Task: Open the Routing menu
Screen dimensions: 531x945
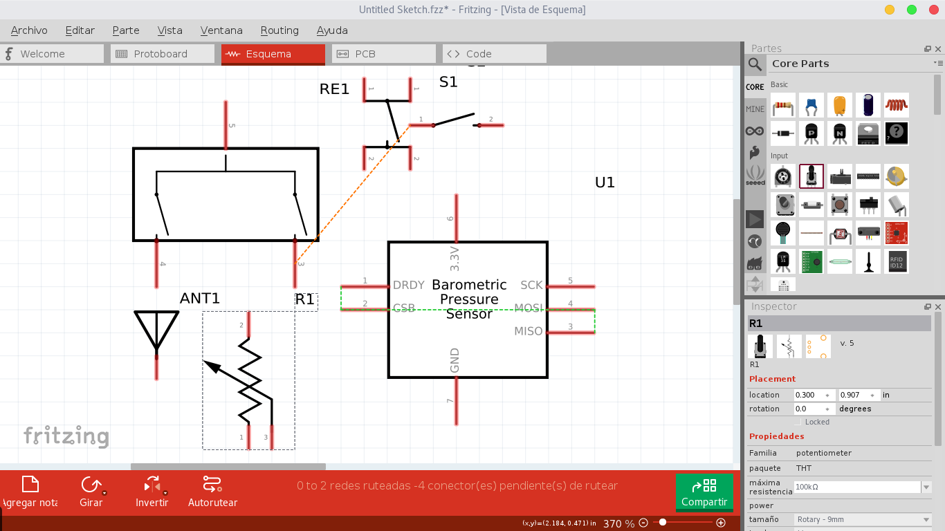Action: click(x=279, y=30)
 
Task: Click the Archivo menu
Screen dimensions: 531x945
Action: click(x=29, y=30)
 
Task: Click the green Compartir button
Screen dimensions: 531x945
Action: click(x=704, y=492)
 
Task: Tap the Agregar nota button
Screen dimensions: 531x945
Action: click(x=30, y=492)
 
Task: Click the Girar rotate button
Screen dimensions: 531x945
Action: click(x=91, y=492)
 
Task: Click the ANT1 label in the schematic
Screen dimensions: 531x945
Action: click(x=199, y=299)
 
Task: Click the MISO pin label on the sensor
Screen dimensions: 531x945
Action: click(x=528, y=332)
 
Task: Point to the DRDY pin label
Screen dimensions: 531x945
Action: click(x=408, y=285)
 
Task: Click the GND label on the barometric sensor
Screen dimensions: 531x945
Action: click(x=455, y=360)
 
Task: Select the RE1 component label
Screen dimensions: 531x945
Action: click(x=334, y=89)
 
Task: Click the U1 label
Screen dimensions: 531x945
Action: click(x=605, y=183)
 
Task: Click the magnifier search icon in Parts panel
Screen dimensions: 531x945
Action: click(x=755, y=64)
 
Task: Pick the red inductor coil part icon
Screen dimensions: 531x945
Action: click(x=896, y=105)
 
